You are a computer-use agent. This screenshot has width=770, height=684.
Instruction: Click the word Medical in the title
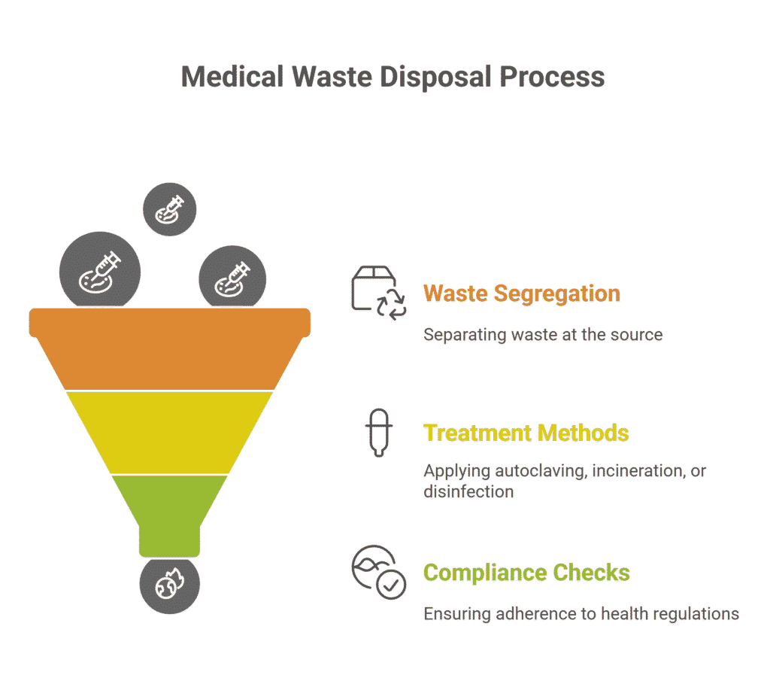coord(232,77)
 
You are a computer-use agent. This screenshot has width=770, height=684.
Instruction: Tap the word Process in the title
coord(552,77)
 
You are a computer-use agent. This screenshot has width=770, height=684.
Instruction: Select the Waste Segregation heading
coord(522,294)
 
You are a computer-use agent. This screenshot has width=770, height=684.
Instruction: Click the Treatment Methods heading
coord(526,433)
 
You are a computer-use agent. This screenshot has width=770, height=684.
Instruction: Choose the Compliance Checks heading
coord(526,573)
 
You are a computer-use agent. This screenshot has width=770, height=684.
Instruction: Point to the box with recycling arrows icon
coord(379,293)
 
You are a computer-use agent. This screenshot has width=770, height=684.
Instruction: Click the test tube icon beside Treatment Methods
coord(379,433)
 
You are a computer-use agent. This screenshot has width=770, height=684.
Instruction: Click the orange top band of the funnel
coord(169,349)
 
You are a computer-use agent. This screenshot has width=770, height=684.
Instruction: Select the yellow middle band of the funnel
coord(169,433)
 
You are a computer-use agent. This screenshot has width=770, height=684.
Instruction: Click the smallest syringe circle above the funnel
coord(169,209)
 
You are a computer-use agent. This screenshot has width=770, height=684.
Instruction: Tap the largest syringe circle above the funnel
coord(100,269)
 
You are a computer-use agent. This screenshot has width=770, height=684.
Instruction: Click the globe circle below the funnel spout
coord(169,585)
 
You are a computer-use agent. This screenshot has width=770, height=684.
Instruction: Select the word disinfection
coord(468,491)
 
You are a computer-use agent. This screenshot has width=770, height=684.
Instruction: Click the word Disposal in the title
coord(435,77)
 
